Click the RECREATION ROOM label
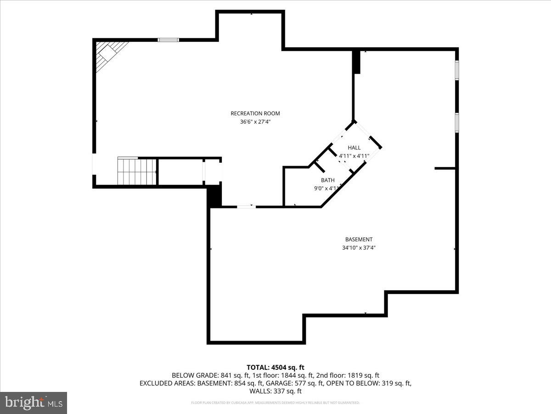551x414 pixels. (255, 113)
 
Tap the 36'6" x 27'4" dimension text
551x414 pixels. (255, 122)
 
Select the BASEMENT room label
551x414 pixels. (359, 239)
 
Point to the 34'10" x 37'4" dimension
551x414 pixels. (359, 248)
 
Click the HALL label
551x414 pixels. (354, 148)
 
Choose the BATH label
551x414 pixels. (327, 180)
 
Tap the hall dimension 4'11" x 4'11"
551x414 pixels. (354, 156)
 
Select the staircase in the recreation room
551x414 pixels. (137, 172)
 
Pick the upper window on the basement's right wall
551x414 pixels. (457, 70)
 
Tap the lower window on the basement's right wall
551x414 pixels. (457, 122)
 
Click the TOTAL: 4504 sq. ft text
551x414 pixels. (275, 367)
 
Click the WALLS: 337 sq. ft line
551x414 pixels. (275, 391)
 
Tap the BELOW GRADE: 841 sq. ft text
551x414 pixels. (210, 375)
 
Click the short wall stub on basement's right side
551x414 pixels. (444, 168)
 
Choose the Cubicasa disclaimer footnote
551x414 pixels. (275, 402)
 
